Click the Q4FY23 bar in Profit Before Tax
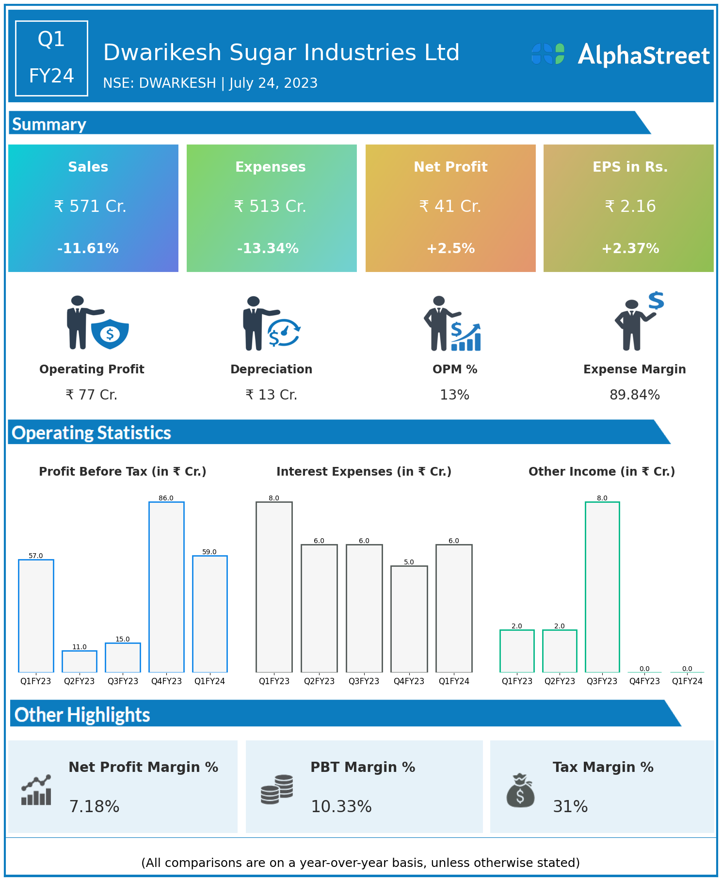(x=166, y=587)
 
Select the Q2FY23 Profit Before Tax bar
(x=80, y=661)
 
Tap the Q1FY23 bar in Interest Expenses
(x=274, y=587)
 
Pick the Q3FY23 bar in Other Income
(x=602, y=587)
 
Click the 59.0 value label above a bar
(x=209, y=552)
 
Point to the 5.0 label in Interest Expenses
(x=409, y=562)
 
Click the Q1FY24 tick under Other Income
(x=687, y=681)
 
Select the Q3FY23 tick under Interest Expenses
(x=364, y=681)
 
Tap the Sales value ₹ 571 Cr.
(x=90, y=207)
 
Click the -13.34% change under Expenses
(x=268, y=249)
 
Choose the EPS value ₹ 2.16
(x=630, y=207)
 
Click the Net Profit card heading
(x=450, y=167)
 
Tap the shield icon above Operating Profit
(x=110, y=334)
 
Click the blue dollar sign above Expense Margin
(x=656, y=301)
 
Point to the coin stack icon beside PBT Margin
(x=277, y=789)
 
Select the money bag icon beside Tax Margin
(x=520, y=790)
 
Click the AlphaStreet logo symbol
(x=548, y=54)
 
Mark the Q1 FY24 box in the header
(x=51, y=58)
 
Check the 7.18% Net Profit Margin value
(x=94, y=806)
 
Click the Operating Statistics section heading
(x=92, y=432)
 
